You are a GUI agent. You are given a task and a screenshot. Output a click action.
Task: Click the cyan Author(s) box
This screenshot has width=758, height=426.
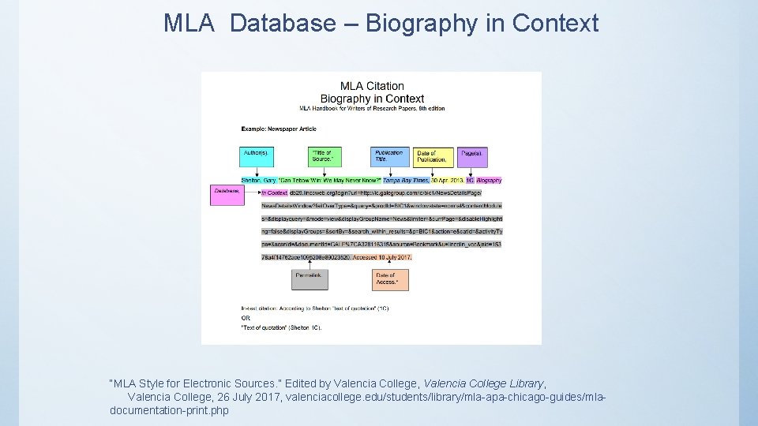click(x=255, y=156)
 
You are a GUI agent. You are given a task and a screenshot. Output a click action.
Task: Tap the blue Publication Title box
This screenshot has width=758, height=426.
click(x=390, y=156)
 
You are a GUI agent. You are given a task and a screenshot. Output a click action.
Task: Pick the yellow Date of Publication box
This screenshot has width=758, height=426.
click(x=433, y=156)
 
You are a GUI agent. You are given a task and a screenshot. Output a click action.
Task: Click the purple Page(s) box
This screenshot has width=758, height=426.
click(x=473, y=156)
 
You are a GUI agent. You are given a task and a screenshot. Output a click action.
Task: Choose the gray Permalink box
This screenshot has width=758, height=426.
click(x=310, y=279)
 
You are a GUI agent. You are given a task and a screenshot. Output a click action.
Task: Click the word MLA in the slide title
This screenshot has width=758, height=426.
click(x=189, y=24)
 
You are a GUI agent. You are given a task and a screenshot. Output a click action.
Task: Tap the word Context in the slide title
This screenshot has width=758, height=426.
click(x=555, y=24)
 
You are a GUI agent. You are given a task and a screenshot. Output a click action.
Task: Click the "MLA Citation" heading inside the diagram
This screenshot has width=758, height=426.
click(x=372, y=86)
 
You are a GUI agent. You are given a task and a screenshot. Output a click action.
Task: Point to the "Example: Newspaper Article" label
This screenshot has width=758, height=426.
click(x=279, y=129)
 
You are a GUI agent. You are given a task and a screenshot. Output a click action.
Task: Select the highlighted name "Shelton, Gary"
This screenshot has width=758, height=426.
click(x=259, y=181)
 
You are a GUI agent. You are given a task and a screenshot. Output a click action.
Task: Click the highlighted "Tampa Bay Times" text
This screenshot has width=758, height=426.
click(x=406, y=181)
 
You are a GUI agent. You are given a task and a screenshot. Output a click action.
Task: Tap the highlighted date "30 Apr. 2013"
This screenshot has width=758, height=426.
click(x=448, y=181)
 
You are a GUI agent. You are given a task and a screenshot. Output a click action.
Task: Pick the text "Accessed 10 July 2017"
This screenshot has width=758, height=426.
click(x=382, y=257)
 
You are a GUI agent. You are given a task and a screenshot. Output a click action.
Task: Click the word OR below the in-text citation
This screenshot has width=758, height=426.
click(x=246, y=318)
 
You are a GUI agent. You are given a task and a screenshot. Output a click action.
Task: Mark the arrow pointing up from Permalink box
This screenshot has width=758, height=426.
click(x=310, y=264)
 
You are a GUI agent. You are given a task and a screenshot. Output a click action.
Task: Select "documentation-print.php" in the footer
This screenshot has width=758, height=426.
click(x=169, y=411)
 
